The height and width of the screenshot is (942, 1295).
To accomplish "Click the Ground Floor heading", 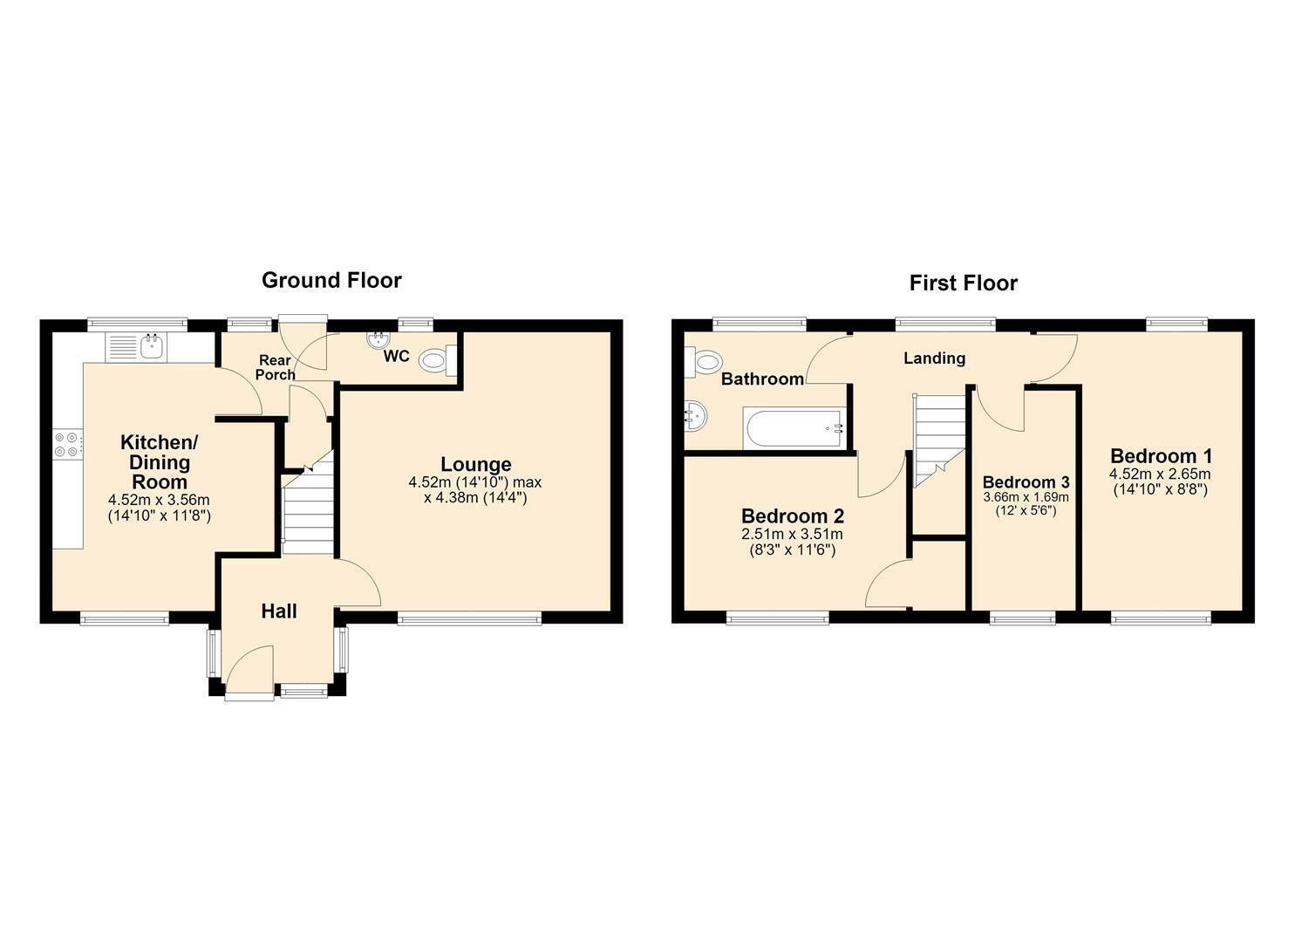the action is pos(331,281).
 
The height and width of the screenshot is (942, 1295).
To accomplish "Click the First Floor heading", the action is pos(963,283).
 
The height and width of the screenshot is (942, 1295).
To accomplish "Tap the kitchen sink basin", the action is pos(153,347).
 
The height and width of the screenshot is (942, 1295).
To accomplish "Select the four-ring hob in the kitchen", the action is pos(65,444).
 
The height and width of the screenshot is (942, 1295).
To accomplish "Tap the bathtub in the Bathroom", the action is pos(794,429).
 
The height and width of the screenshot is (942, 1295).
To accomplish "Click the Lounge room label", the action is pos(476,464).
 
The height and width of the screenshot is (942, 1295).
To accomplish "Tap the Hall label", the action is pos(279,611).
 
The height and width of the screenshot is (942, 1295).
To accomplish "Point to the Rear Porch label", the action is pos(276,367).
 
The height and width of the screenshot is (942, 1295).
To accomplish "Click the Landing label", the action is pos(934,358).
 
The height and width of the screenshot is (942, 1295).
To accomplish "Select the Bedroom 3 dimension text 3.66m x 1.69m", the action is pos(1026,497).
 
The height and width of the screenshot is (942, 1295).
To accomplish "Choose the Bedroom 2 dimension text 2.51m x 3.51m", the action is pos(792,535).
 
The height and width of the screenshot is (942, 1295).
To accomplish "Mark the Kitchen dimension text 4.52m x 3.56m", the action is pos(159,500).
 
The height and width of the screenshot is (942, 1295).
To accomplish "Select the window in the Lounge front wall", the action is pos(469,620).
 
